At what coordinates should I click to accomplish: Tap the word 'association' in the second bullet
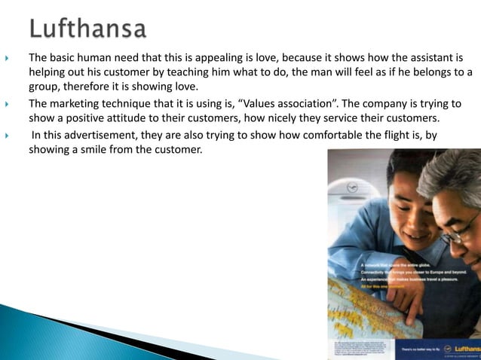tap(308, 104)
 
